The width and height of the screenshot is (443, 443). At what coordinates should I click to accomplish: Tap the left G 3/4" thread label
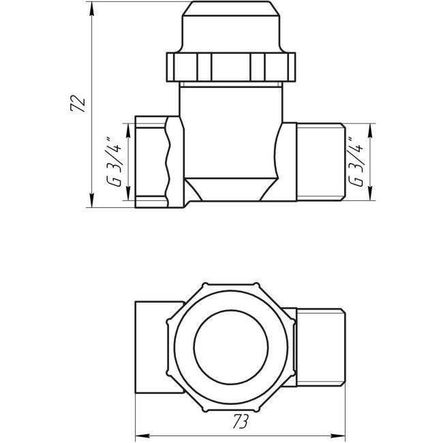[x=115, y=162]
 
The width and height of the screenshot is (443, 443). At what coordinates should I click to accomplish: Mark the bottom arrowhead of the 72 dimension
[x=91, y=202]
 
